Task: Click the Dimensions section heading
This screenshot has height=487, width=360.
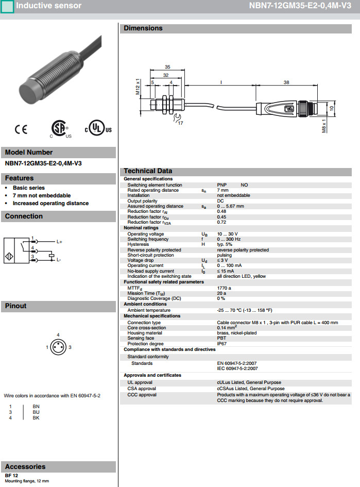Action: (x=143, y=28)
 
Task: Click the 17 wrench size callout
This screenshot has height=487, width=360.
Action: (x=180, y=123)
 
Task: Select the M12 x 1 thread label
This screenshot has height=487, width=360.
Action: (x=138, y=86)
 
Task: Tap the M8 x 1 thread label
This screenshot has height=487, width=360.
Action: (x=324, y=126)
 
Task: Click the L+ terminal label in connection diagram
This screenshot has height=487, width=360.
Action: (x=59, y=242)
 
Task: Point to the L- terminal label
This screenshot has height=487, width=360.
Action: (x=59, y=260)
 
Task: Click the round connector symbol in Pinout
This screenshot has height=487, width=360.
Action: (x=58, y=347)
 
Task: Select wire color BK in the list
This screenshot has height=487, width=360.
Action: (x=36, y=417)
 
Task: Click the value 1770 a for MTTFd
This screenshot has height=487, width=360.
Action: (x=224, y=288)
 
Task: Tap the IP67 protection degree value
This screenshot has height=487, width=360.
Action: (x=222, y=344)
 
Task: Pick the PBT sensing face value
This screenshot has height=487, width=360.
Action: (x=221, y=338)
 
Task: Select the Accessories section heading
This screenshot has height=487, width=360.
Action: (x=25, y=466)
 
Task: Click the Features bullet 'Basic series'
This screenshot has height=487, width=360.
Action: (x=29, y=188)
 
